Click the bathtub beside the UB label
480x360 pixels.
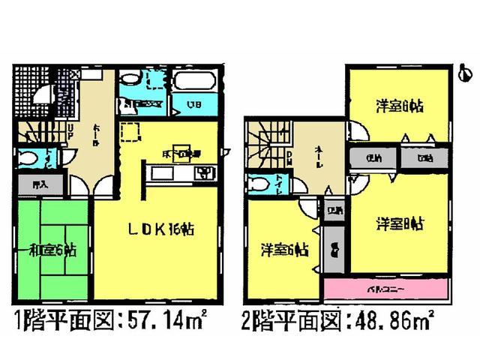coord(193,81)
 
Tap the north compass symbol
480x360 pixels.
coord(465,73)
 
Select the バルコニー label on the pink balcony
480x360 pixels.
coord(387,288)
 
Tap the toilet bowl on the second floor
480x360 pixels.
coord(259,184)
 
